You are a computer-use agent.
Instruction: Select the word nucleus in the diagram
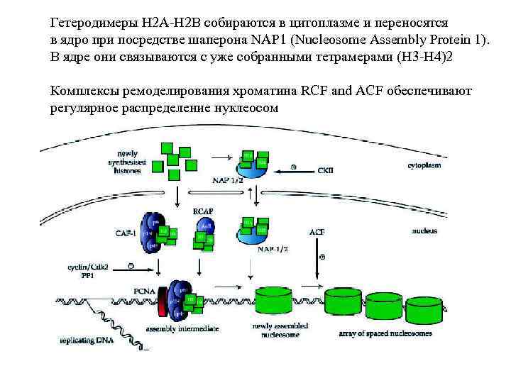point(424,231)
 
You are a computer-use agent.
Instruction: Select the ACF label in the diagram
point(317,232)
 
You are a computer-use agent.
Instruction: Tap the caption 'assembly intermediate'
point(182,329)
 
